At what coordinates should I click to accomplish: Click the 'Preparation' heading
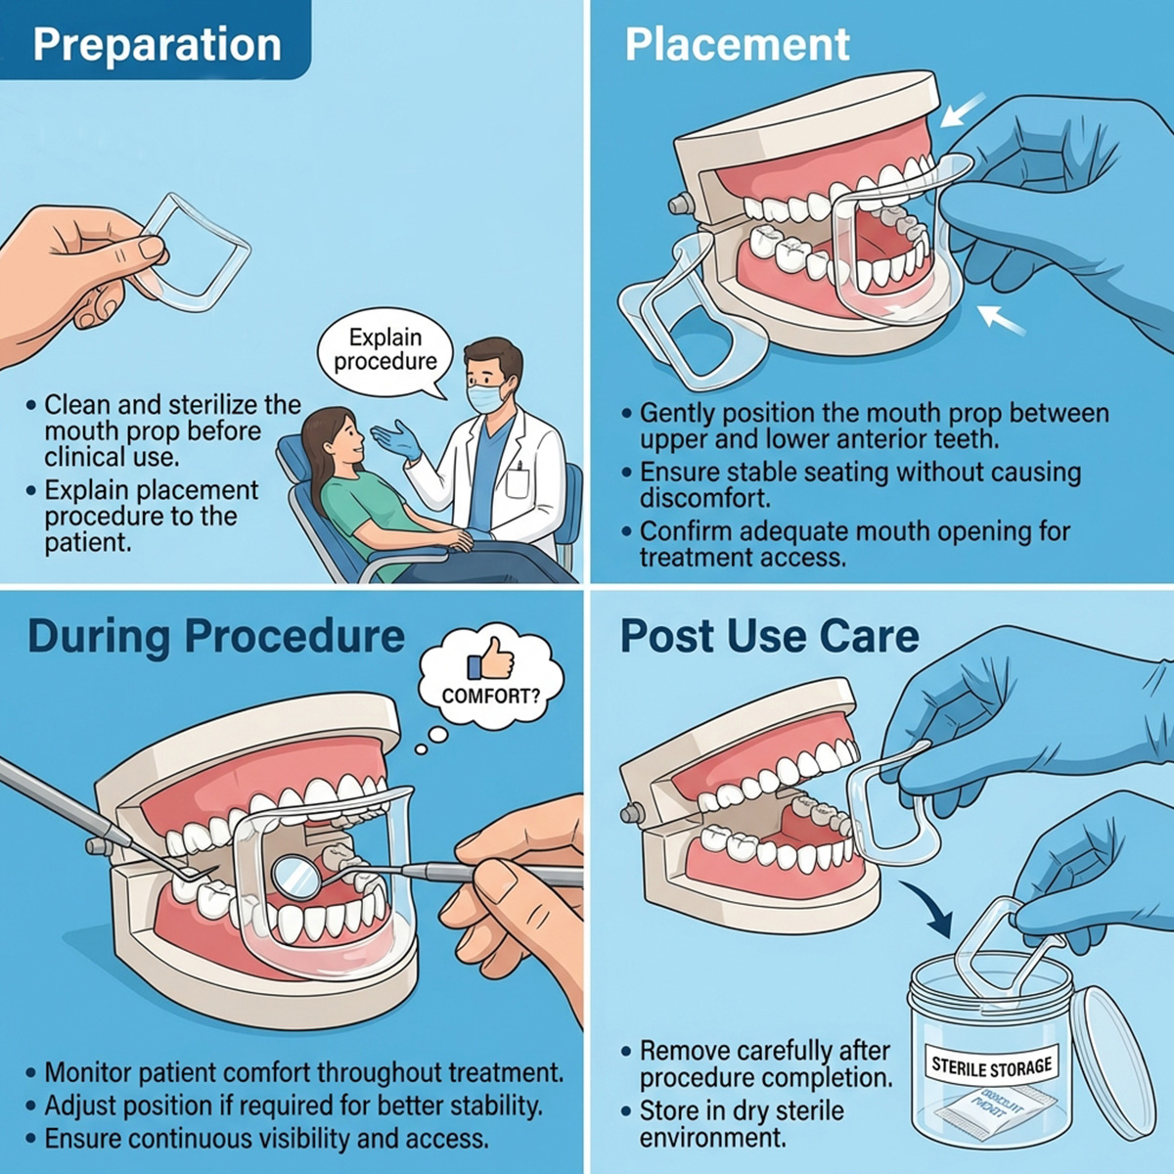click(157, 45)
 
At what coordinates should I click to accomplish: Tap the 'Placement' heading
click(737, 45)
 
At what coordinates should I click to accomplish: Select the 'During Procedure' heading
click(216, 636)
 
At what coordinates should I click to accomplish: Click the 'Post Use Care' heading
click(769, 636)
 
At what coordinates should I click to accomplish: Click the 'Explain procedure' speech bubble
click(385, 350)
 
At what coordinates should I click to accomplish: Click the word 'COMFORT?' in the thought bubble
click(489, 697)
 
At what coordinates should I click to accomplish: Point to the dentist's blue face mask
click(487, 396)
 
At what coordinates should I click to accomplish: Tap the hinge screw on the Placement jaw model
click(675, 204)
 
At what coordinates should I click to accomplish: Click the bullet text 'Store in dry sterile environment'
click(741, 1124)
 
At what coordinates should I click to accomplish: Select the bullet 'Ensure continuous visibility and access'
click(266, 1138)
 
